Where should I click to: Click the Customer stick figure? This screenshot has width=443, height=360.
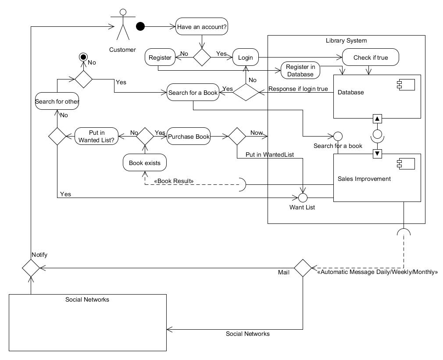pyautogui.click(x=123, y=25)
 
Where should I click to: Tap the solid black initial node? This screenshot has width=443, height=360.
pyautogui.click(x=140, y=26)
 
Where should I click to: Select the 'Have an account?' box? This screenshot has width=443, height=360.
pyautogui.click(x=202, y=27)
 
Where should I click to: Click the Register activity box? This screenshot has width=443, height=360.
pyautogui.click(x=160, y=58)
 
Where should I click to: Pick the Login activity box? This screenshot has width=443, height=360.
pyautogui.click(x=246, y=58)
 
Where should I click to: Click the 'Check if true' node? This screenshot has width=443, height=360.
pyautogui.click(x=371, y=58)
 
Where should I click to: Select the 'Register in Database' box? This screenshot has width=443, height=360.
pyautogui.click(x=300, y=70)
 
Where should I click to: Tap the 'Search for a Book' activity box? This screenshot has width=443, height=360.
pyautogui.click(x=193, y=93)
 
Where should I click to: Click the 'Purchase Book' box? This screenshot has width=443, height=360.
pyautogui.click(x=189, y=137)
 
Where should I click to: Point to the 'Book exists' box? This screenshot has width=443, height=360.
pyautogui.click(x=145, y=163)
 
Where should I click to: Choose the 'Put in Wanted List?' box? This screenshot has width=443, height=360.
pyautogui.click(x=96, y=137)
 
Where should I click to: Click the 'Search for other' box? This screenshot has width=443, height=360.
pyautogui.click(x=57, y=101)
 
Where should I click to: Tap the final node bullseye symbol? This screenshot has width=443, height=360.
pyautogui.click(x=83, y=57)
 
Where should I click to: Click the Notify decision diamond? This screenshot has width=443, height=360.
pyautogui.click(x=31, y=268)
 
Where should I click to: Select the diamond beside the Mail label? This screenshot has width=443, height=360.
pyautogui.click(x=303, y=268)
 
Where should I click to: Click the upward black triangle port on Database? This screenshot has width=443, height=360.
pyautogui.click(x=377, y=119)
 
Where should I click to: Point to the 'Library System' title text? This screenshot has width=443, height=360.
pyautogui.click(x=346, y=40)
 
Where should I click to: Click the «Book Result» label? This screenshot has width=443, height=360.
pyautogui.click(x=174, y=181)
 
